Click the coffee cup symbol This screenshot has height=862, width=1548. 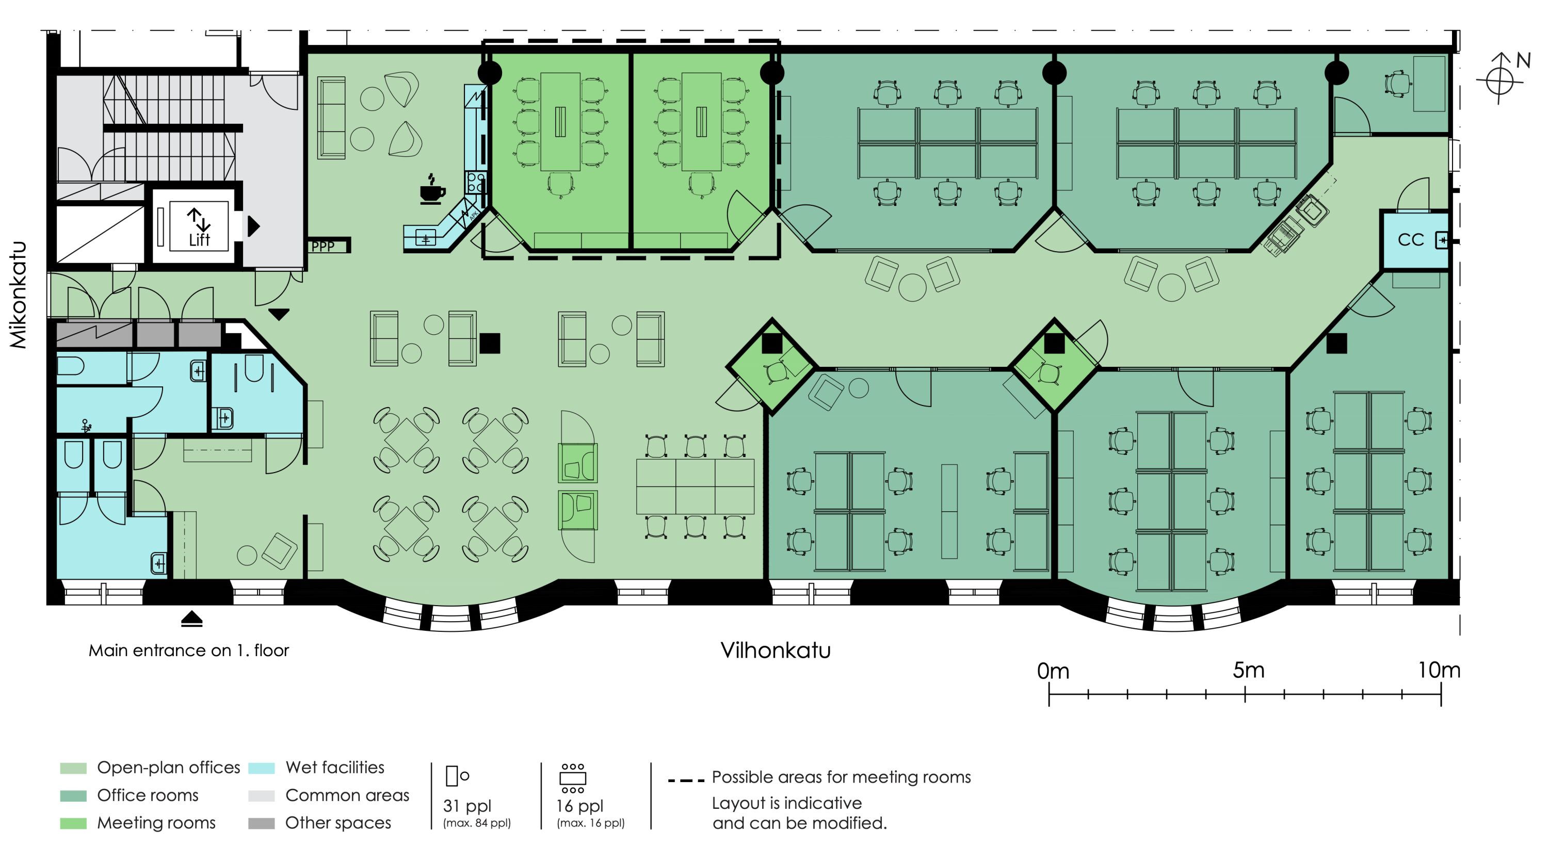point(432,189)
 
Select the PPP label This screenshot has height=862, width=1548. point(322,246)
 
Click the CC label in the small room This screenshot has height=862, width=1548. point(1410,240)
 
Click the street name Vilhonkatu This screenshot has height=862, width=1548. point(775,650)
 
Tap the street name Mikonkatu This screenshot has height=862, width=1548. point(19,295)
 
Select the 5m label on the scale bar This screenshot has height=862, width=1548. point(1248,670)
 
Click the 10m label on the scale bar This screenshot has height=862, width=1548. point(1439,670)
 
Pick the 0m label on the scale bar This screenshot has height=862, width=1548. point(1053,671)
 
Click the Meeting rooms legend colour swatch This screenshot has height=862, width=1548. point(73,823)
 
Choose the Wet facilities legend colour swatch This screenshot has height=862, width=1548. point(262,768)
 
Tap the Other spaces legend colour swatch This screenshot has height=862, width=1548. point(262,823)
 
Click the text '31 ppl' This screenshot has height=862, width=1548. point(467,806)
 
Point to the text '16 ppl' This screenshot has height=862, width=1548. point(579,806)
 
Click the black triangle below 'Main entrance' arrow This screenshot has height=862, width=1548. point(192,619)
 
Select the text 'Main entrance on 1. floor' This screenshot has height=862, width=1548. point(189,650)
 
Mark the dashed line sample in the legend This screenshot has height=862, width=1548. point(686,780)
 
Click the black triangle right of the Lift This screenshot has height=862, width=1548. point(253,226)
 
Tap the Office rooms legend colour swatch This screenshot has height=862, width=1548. point(73,795)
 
